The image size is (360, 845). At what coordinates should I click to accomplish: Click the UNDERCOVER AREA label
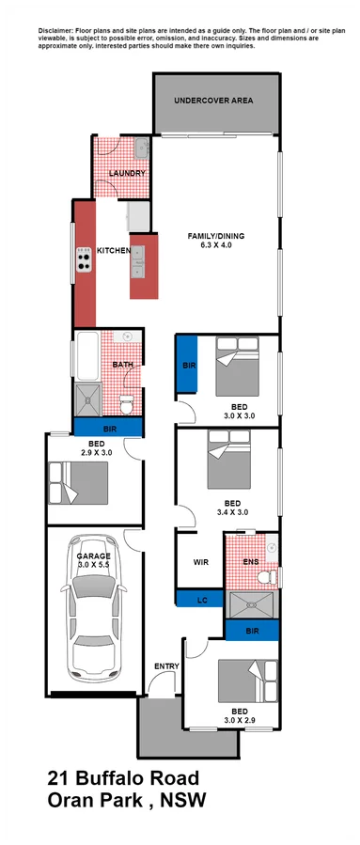click(214, 101)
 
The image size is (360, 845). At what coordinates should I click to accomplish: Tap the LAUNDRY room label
click(127, 174)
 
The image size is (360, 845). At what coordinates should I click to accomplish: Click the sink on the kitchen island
click(138, 262)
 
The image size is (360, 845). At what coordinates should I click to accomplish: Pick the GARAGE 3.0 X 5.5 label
click(93, 562)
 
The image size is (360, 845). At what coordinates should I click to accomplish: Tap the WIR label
click(199, 562)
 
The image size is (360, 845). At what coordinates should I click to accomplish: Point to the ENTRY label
click(165, 667)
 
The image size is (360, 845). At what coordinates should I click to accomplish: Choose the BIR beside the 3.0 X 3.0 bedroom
click(188, 366)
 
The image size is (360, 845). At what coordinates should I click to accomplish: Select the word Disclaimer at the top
click(57, 31)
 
